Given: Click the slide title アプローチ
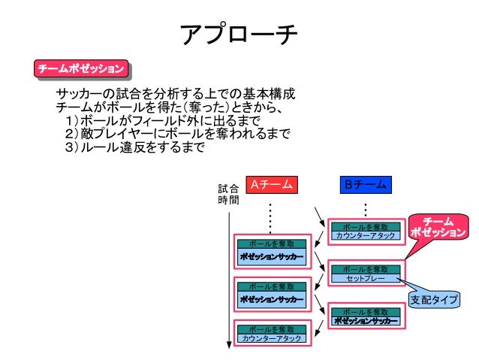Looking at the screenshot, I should click(239, 35).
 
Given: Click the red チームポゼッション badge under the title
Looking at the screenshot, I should click(81, 69).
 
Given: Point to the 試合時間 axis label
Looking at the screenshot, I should click(228, 195).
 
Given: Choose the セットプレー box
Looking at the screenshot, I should click(365, 278).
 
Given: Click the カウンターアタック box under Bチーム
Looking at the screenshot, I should click(365, 235).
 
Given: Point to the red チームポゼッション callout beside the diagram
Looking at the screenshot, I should click(438, 227).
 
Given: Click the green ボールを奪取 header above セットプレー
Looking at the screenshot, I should click(365, 269).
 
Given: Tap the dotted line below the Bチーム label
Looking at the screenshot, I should click(365, 207).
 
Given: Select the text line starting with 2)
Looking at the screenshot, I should click(177, 134).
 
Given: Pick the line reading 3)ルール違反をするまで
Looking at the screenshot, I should click(135, 147).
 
